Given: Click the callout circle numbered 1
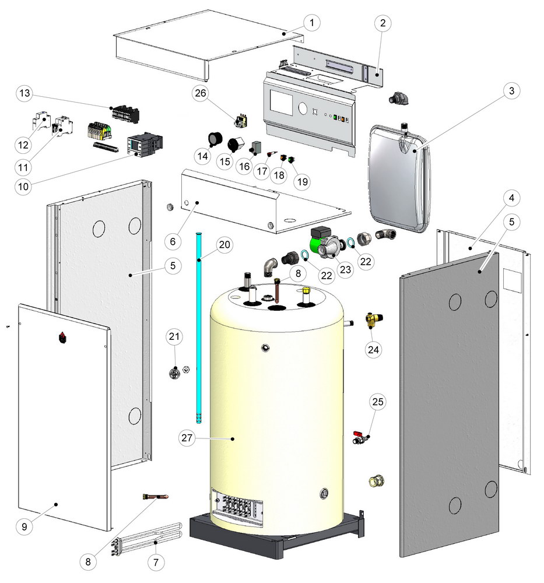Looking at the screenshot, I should click(x=313, y=23).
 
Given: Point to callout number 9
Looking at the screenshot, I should click(x=24, y=526).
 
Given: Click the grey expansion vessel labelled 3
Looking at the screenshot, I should click(x=401, y=175).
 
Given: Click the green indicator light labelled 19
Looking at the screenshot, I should click(x=291, y=159).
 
